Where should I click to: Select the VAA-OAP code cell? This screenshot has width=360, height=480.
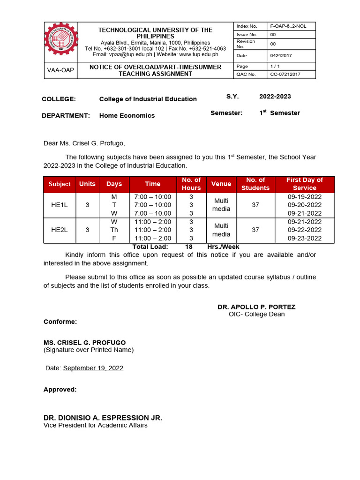[x=61, y=70]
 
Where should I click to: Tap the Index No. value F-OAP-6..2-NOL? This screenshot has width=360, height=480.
[x=288, y=26]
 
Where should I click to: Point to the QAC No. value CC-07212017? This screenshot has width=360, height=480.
[x=285, y=74]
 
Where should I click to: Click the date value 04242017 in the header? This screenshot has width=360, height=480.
[x=281, y=56]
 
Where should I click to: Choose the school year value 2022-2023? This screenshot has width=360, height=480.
[x=275, y=97]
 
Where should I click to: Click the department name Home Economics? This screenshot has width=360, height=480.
[x=127, y=116]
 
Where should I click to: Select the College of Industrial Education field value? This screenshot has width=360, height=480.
[x=148, y=99]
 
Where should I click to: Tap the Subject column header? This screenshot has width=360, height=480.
[x=60, y=184]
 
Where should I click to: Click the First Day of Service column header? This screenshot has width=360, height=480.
[x=305, y=184]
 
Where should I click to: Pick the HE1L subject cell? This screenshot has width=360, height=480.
[x=60, y=205]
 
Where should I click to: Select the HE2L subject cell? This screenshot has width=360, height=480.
[x=60, y=230]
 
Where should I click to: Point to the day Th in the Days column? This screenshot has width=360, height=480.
[x=114, y=230]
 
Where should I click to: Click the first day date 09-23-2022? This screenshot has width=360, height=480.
[x=305, y=238]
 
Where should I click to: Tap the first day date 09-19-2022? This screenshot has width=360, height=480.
[x=305, y=197]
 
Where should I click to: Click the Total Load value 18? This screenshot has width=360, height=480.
[x=189, y=247]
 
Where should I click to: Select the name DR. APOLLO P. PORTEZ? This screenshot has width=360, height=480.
[x=256, y=307]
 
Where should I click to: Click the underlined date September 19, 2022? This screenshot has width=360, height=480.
[x=93, y=368]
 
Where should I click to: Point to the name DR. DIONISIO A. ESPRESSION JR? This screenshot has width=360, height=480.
[x=103, y=418]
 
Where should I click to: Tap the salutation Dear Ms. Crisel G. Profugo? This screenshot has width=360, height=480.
[x=84, y=143]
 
